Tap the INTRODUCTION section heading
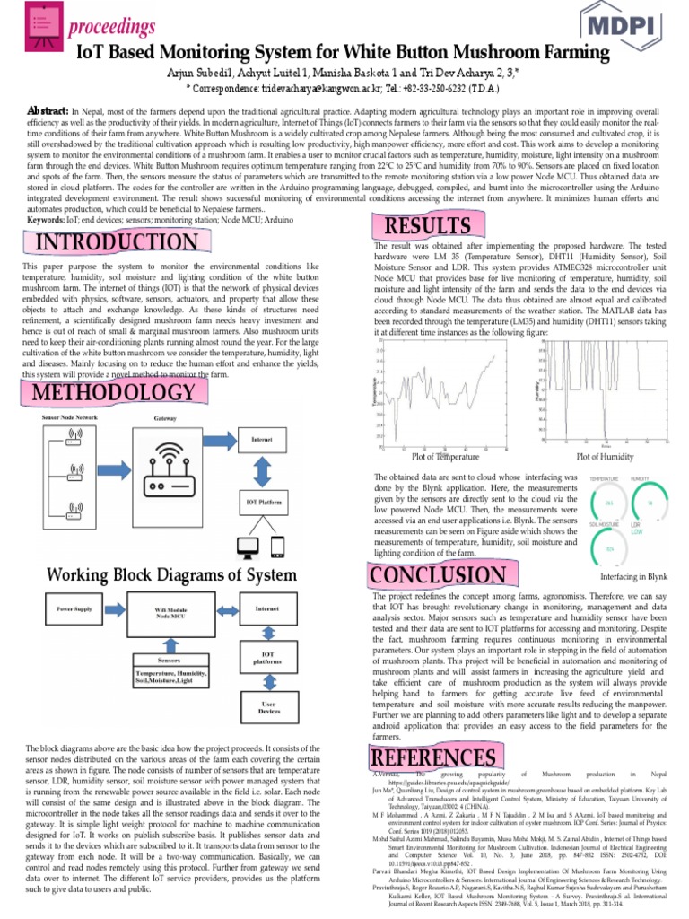(x=115, y=241)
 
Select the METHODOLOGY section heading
(x=113, y=393)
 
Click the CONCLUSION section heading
(x=438, y=575)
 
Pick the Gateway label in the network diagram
(x=165, y=419)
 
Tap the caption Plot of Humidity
(x=605, y=457)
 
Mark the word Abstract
(x=48, y=109)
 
